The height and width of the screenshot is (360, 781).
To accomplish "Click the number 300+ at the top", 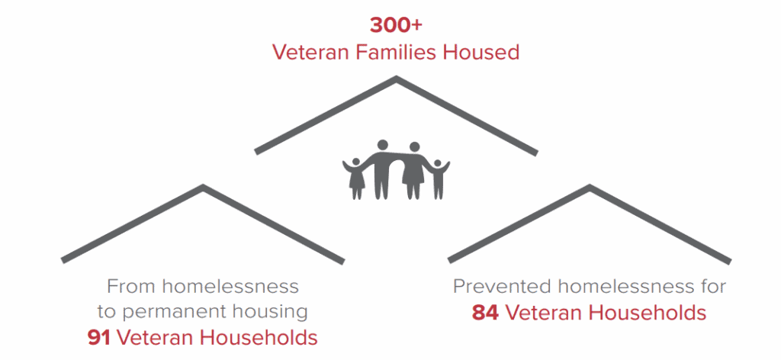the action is click(x=396, y=25).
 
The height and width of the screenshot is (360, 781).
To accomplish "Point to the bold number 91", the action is click(x=98, y=338).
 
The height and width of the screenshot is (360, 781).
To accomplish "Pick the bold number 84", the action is click(x=485, y=313).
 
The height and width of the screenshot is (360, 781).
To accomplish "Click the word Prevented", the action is click(x=502, y=287).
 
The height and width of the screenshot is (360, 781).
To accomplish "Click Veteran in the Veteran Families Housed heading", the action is click(x=311, y=53).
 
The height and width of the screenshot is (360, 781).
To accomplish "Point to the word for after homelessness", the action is click(x=711, y=287).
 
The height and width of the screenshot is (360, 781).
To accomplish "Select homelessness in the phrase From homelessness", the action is click(x=230, y=287).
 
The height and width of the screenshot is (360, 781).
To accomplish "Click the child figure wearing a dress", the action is click(x=355, y=178).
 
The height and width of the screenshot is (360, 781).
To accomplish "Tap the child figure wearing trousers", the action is click(x=438, y=178).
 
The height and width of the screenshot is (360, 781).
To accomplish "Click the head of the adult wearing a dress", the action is click(x=414, y=147).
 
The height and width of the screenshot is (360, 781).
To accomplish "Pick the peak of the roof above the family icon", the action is click(x=396, y=78).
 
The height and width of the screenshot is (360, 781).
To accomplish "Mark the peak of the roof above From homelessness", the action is click(x=203, y=187).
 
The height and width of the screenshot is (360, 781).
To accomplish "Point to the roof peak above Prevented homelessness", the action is click(x=590, y=187).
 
